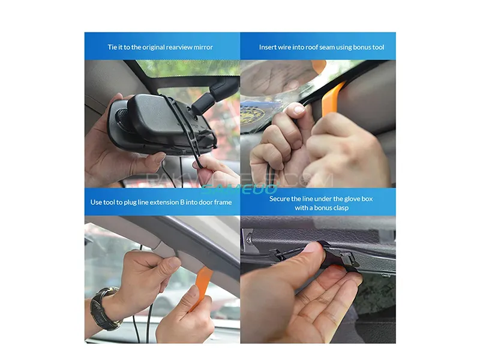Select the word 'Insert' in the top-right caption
coord(269,47)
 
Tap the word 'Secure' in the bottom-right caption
coord(281,198)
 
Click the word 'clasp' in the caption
coord(339,208)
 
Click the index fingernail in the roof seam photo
coord(298,109)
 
